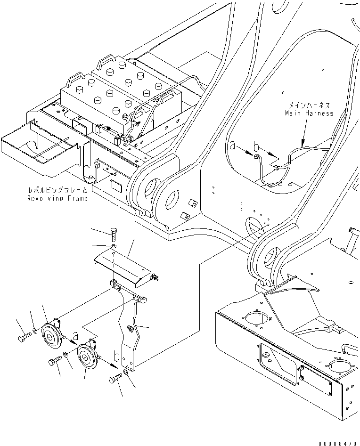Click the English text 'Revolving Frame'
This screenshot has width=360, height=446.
(57, 199)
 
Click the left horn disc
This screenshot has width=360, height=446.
(50, 336)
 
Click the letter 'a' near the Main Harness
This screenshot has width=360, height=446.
(232, 146)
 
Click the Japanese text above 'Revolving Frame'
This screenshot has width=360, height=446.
(57, 191)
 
